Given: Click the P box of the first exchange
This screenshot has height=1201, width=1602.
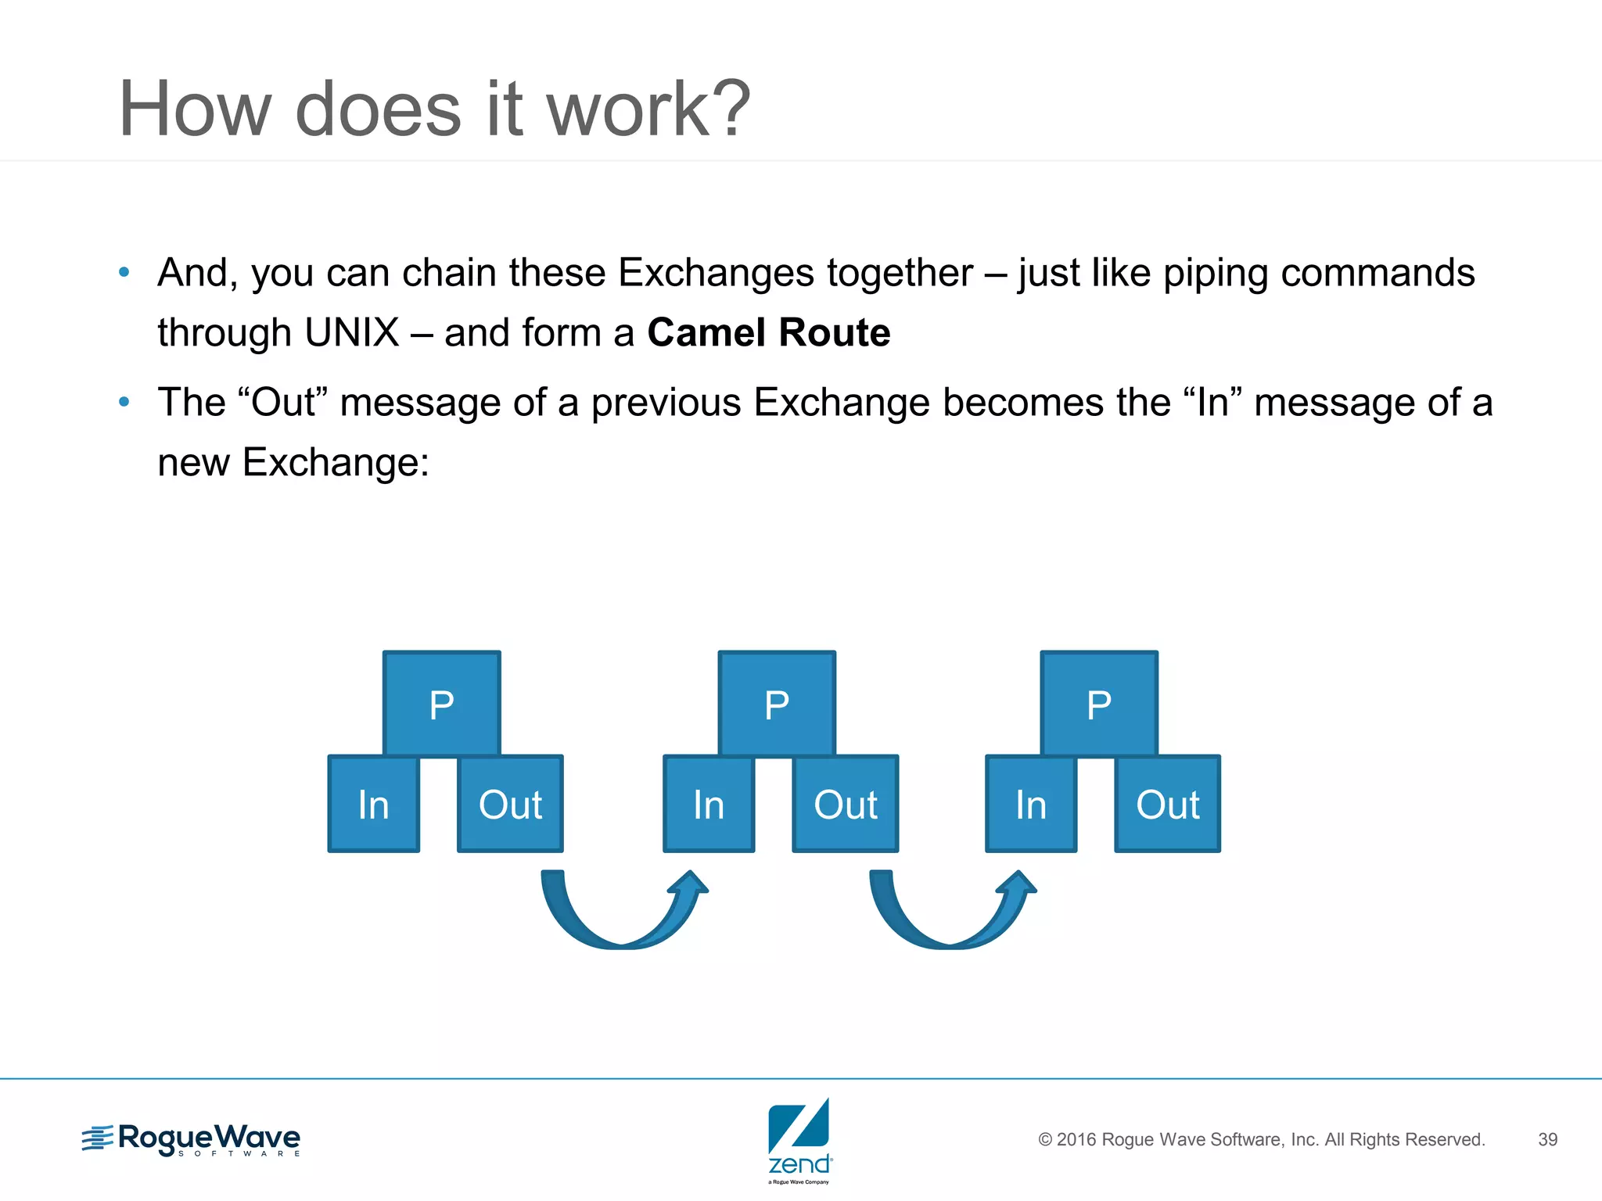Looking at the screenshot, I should [x=441, y=704].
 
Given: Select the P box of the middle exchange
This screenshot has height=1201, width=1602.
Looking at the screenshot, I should [x=777, y=704].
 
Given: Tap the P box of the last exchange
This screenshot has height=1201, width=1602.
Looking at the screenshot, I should [x=1099, y=704].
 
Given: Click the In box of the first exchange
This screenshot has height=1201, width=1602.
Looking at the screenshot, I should [x=373, y=804].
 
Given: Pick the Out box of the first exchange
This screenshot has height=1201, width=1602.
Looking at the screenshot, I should [x=510, y=804].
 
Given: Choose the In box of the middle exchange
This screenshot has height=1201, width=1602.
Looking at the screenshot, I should [x=709, y=804].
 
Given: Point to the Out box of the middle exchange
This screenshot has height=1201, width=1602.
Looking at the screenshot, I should [x=846, y=804].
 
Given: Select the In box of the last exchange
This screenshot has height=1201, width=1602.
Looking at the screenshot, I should [x=1031, y=804].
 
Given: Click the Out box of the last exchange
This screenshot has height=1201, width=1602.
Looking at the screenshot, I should [x=1167, y=804].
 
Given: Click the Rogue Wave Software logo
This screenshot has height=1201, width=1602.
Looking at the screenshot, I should [x=192, y=1139].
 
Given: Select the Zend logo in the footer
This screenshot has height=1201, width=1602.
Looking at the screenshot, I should [x=799, y=1139].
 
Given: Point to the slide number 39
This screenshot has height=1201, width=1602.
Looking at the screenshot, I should [x=1547, y=1139].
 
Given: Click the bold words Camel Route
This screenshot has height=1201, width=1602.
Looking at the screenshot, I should [x=768, y=332].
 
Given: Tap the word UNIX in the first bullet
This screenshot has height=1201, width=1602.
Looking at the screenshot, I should [x=352, y=332].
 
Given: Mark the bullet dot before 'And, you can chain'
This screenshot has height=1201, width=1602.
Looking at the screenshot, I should [x=124, y=272].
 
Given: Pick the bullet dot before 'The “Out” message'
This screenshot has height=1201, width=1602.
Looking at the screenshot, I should [x=124, y=402].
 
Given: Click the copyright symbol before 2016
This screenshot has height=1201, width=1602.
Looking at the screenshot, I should [x=1045, y=1140].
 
